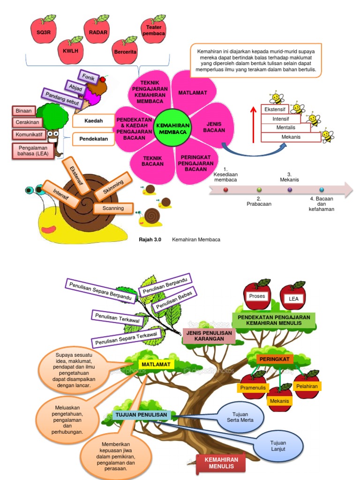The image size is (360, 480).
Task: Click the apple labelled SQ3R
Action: [43, 31]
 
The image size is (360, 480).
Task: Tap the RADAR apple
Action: [97, 31]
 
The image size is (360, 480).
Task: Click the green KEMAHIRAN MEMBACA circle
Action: [172, 128]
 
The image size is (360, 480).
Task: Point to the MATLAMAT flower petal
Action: [193, 93]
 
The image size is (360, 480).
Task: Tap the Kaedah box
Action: [93, 120]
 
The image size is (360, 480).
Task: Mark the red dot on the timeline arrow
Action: [226, 190]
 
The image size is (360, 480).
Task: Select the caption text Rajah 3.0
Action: [150, 240]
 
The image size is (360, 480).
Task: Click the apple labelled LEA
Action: [293, 299]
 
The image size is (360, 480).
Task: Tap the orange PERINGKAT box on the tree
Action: [275, 359]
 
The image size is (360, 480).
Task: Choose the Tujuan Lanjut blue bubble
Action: [278, 446]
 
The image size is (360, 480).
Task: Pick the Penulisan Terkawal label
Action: [117, 318]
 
